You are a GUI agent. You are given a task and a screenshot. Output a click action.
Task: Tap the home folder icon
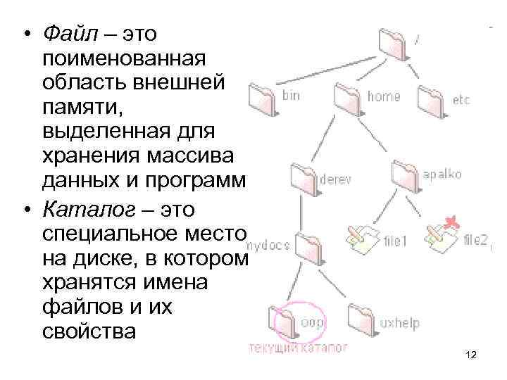[x=349, y=94]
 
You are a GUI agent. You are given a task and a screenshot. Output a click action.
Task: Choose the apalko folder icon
[x=406, y=173]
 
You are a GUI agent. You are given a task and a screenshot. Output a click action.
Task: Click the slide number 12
[x=471, y=355]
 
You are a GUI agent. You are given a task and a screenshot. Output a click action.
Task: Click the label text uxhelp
[x=399, y=324]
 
